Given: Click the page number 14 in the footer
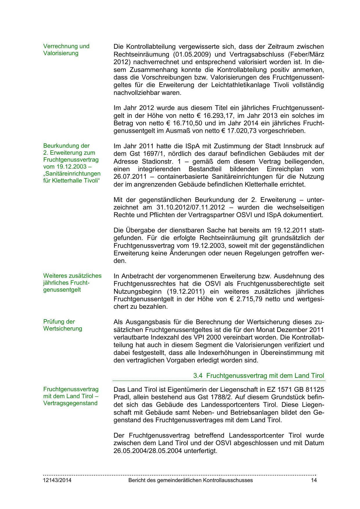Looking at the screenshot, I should click(314, 480).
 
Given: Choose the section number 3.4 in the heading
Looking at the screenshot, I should click(198, 376).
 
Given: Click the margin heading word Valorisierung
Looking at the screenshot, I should click(61, 53).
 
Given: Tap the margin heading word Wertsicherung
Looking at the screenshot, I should click(63, 328).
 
